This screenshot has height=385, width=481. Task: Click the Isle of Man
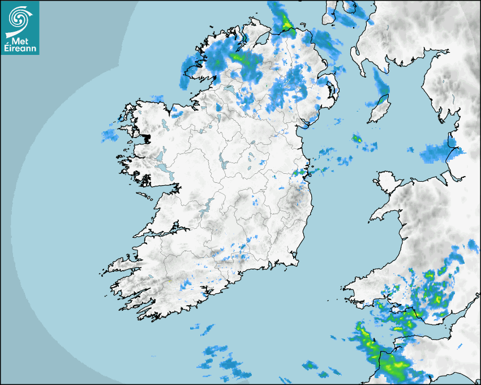[x=377, y=110]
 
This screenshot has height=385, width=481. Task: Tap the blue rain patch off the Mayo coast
[x=109, y=135]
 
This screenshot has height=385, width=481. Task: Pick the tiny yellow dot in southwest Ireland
[x=169, y=281]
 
